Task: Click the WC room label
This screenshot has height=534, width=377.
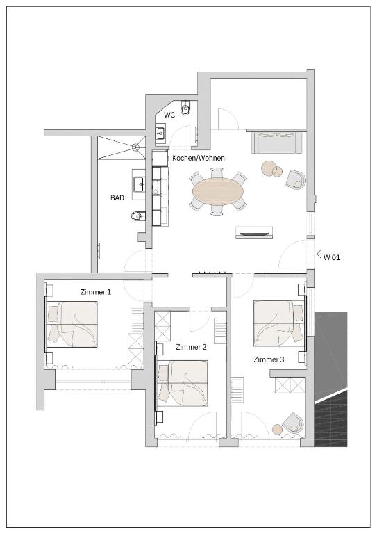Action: tap(169, 115)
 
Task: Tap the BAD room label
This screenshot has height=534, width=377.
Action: tap(117, 197)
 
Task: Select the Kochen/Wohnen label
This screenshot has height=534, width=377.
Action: tap(199, 158)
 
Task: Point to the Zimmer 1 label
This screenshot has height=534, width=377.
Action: tap(96, 292)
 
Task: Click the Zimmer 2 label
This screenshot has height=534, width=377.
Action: tap(191, 347)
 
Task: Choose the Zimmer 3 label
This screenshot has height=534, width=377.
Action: tap(269, 359)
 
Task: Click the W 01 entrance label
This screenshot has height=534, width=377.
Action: tap(331, 257)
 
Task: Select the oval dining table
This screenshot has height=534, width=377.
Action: tap(219, 191)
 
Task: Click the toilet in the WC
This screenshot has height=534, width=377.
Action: tap(185, 107)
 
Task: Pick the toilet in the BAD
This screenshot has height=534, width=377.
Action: tap(137, 216)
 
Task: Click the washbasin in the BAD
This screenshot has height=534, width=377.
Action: tap(140, 185)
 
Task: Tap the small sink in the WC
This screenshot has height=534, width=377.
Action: tap(160, 133)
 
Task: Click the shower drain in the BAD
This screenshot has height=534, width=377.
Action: tap(136, 147)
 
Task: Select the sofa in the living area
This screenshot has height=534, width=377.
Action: tap(276, 143)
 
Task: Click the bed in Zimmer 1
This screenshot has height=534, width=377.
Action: tap(72, 324)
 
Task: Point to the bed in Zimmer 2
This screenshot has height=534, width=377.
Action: tap(182, 384)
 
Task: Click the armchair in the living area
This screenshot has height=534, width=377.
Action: tap(295, 179)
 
